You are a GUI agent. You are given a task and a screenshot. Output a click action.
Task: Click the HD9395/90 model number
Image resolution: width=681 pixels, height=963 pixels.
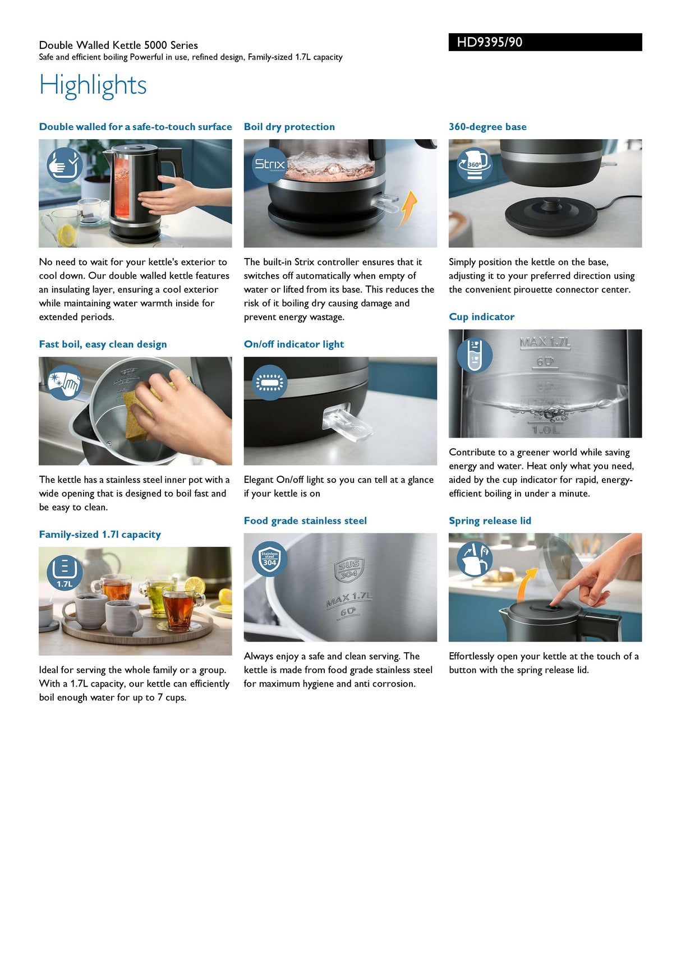[x=489, y=42]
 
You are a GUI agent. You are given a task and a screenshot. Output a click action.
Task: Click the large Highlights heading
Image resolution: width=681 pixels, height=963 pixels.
[x=93, y=85]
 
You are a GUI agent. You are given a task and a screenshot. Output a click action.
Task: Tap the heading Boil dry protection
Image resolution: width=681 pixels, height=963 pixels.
[x=289, y=127]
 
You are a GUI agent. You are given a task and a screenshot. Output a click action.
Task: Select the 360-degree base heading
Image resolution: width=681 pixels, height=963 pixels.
[x=487, y=127]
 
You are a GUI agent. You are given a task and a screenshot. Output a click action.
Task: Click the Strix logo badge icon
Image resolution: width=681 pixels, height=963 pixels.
[x=269, y=164]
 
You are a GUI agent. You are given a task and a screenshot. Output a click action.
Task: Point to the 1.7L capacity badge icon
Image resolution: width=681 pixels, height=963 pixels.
[x=65, y=573]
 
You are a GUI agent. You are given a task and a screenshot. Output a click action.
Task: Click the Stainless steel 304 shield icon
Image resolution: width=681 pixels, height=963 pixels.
[x=269, y=559]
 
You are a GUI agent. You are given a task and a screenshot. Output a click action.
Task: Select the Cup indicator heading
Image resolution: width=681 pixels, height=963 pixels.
[x=481, y=317]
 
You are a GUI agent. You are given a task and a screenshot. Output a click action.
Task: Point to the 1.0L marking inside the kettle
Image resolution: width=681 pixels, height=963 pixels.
[x=545, y=430]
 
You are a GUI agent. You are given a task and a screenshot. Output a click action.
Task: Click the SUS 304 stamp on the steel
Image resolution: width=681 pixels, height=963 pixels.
[x=349, y=569]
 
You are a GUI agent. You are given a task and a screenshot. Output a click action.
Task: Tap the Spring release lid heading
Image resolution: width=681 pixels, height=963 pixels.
[x=489, y=521]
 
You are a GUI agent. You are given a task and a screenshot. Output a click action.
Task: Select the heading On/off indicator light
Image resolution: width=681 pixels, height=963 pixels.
[x=293, y=344]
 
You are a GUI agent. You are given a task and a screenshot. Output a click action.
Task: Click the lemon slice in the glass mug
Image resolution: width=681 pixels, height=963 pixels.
[x=67, y=234]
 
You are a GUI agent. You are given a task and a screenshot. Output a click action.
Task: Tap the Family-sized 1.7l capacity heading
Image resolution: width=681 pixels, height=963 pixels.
[x=100, y=535]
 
